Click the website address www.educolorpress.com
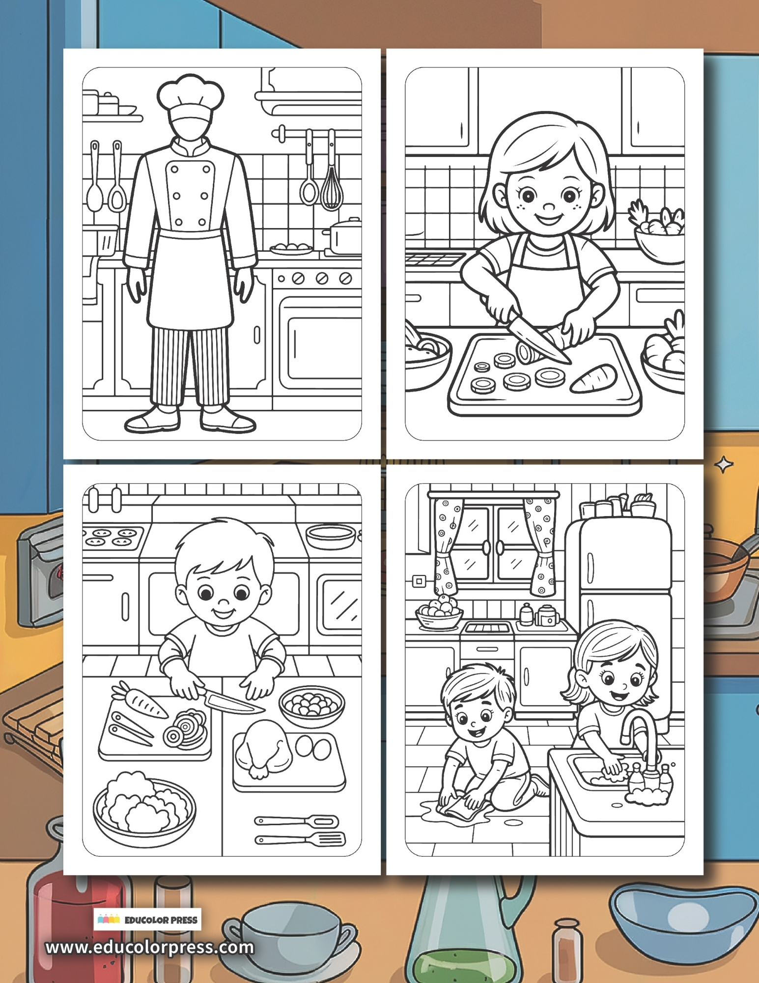point(150,947)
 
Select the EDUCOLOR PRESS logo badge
point(147,920)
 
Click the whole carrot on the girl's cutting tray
point(593,377)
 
